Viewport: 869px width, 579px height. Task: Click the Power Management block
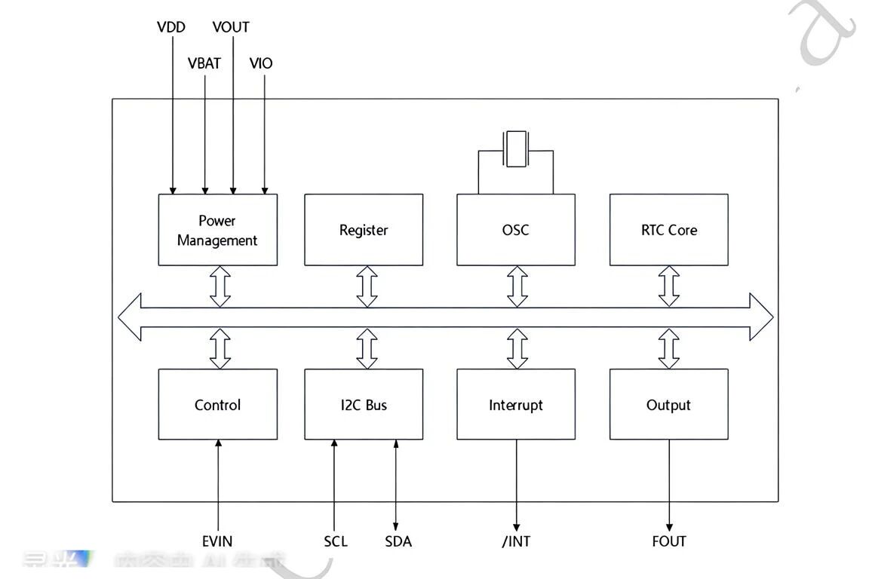[x=217, y=230]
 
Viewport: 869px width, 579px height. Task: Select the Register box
[x=364, y=230]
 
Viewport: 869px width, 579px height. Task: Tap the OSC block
[x=516, y=230]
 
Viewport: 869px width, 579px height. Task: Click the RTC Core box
[x=668, y=230]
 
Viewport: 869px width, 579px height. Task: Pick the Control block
[x=217, y=405]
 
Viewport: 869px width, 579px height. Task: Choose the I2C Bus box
[x=364, y=405]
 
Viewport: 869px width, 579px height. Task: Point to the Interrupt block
[x=516, y=405]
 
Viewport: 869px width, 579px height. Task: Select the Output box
[x=668, y=405]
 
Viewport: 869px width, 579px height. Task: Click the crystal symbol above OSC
[x=516, y=149]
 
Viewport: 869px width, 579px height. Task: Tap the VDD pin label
[x=171, y=27]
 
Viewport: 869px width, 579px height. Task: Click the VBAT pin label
[x=204, y=63]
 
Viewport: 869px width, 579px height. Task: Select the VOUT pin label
[x=231, y=27]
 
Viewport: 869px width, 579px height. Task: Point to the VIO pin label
[x=261, y=63]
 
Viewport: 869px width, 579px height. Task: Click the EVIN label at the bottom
[x=217, y=541]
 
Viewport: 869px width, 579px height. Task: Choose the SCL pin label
[x=336, y=541]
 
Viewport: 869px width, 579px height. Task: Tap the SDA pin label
[x=398, y=541]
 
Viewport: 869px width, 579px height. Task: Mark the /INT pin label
[x=516, y=541]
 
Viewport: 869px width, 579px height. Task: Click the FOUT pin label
[x=669, y=541]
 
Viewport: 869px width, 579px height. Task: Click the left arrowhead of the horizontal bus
[x=130, y=317]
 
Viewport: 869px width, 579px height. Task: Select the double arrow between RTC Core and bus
[x=669, y=286]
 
